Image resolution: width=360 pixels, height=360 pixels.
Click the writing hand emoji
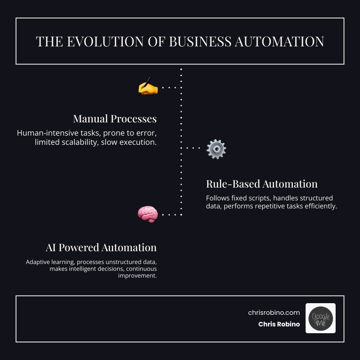[148, 87]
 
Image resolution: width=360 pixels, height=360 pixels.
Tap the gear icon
[216, 150]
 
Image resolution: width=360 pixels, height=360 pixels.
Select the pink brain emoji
[148, 214]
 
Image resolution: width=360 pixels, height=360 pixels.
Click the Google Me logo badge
[320, 318]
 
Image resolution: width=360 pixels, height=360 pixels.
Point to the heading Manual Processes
[115, 119]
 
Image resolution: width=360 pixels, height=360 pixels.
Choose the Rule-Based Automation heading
[262, 184]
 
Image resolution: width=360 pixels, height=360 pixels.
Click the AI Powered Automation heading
[101, 248]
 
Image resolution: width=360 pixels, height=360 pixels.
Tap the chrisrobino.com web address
[274, 313]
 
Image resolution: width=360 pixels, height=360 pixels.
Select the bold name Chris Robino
[279, 324]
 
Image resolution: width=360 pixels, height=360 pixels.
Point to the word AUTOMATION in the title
[280, 41]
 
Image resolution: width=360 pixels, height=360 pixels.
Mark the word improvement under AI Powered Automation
[138, 276]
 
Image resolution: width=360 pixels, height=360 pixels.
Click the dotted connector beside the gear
[193, 148]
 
